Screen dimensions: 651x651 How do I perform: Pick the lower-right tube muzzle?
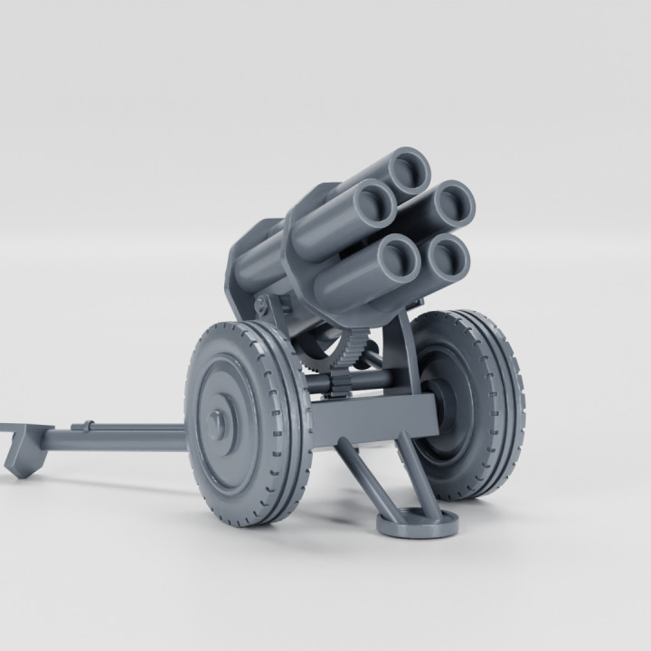(x=448, y=260)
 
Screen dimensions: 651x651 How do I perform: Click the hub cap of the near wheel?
(x=218, y=421)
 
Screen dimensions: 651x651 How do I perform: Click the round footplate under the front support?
(x=417, y=522)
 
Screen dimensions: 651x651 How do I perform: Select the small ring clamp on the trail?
(x=88, y=427)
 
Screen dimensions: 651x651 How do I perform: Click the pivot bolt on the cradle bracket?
(x=265, y=305)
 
